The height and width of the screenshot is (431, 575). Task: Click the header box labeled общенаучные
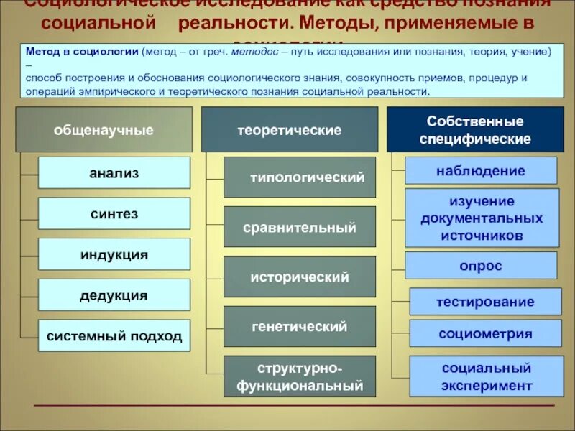(104, 130)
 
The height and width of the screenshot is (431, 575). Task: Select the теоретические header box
(290, 130)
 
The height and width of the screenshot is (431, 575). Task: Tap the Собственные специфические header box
(475, 130)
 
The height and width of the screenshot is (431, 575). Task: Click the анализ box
(114, 173)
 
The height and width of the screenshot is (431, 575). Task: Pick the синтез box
(114, 214)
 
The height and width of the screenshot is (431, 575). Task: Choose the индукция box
(114, 254)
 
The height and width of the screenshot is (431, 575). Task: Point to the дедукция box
(114, 295)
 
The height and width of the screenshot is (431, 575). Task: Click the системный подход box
(114, 335)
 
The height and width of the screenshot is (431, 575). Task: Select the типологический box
(300, 177)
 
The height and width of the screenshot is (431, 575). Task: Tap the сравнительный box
(300, 227)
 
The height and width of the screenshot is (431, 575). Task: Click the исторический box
(300, 277)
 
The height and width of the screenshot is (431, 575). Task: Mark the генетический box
(300, 326)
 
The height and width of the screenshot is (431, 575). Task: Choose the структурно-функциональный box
(300, 376)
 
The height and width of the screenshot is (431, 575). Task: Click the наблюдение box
(481, 170)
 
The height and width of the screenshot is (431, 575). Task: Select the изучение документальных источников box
(482, 218)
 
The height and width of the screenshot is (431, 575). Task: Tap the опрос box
(481, 265)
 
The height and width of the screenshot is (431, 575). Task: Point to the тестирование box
(485, 302)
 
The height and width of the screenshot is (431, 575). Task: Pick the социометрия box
(485, 333)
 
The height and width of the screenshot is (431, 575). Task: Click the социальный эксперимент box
(485, 376)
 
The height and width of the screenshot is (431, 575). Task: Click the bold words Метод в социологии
(82, 52)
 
